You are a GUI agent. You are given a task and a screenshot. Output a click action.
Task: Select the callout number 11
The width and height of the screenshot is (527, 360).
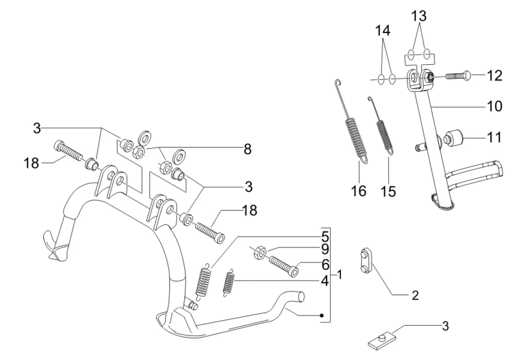495,137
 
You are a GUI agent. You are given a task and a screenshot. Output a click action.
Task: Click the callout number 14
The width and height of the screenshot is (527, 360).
383,31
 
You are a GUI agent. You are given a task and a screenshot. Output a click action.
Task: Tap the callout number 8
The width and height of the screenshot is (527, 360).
247,150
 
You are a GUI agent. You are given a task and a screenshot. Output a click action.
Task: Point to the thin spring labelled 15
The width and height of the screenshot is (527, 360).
384,129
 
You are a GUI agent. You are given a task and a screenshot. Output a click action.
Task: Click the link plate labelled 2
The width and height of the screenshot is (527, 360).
365,262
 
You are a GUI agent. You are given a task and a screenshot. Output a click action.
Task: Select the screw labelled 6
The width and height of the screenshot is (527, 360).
282,265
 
